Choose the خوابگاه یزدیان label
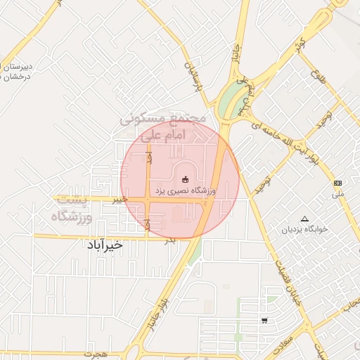tap(304, 230)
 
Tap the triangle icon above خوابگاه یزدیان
tap(304, 219)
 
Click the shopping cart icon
tap(264, 321)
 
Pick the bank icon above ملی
tap(338, 182)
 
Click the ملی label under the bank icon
tap(338, 193)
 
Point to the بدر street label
tap(169, 240)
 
